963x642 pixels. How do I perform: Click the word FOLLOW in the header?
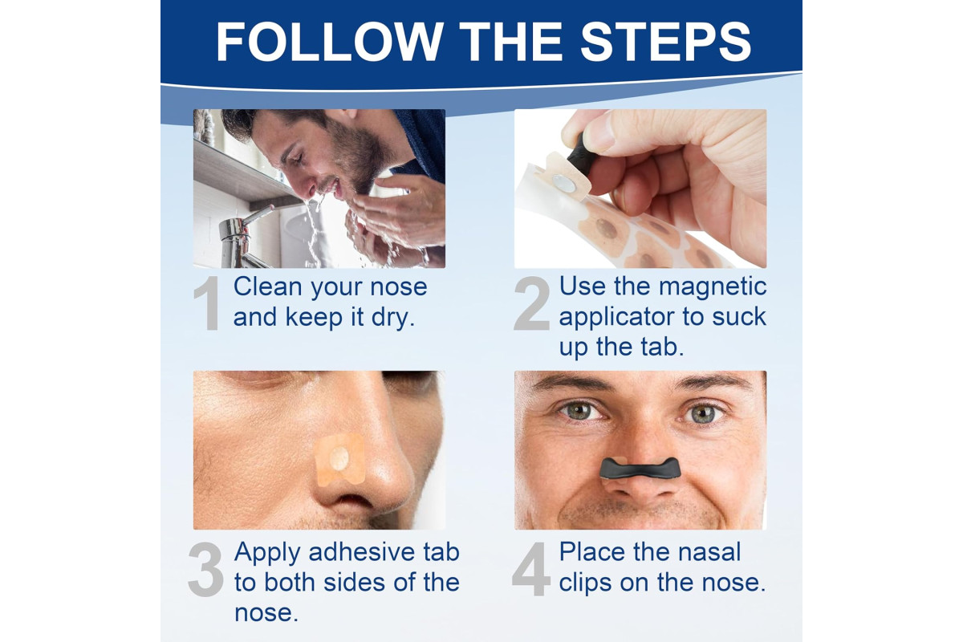click(x=330, y=42)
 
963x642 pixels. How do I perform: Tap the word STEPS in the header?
click(x=666, y=42)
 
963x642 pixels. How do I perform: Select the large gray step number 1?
click(x=207, y=303)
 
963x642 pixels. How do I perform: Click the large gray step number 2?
click(x=532, y=303)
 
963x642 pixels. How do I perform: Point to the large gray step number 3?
click(x=206, y=569)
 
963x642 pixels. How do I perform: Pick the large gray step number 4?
click(x=531, y=569)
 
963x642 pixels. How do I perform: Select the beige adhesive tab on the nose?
click(x=339, y=459)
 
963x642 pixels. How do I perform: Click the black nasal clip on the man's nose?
click(x=640, y=468)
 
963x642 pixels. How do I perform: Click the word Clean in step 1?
click(x=267, y=286)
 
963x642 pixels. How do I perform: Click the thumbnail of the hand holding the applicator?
click(x=640, y=189)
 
